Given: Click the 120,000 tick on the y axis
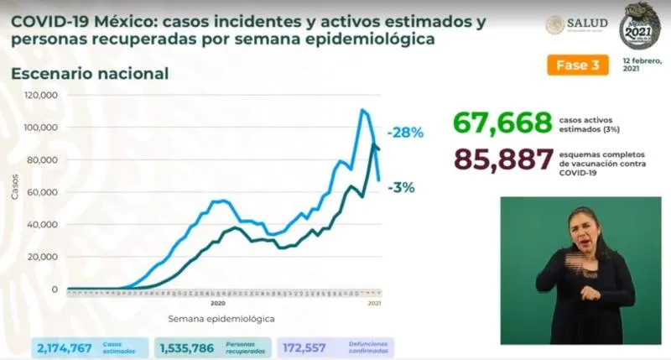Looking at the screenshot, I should (x=40, y=95).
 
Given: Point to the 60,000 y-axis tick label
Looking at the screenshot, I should (x=43, y=192).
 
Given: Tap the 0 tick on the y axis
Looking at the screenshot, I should (x=54, y=290).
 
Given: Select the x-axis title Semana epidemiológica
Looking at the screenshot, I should (x=221, y=319).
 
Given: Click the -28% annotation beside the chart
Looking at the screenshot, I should (x=404, y=133).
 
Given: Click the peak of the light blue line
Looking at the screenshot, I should (x=362, y=109).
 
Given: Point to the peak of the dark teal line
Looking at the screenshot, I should (x=372, y=144).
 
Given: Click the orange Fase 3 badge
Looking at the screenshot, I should (x=576, y=65).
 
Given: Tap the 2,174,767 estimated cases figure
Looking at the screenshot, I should (x=65, y=346).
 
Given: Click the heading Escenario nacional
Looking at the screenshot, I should (x=90, y=74).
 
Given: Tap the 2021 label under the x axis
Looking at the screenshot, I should (x=376, y=302).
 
